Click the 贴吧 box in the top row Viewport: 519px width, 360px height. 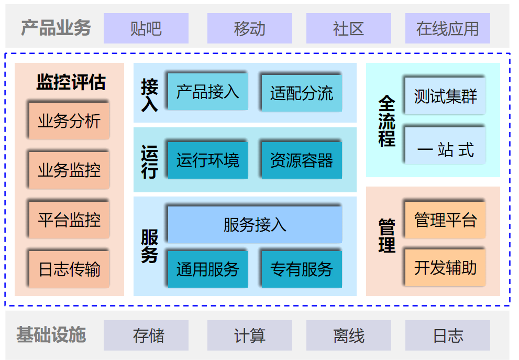tap(146, 28)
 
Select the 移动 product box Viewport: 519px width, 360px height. tap(250, 28)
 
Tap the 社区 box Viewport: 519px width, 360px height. tap(348, 28)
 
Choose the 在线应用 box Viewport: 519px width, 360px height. tap(447, 28)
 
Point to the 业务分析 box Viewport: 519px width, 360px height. tap(69, 121)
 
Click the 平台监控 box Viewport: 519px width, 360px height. tap(69, 220)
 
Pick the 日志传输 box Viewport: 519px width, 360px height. tap(69, 269)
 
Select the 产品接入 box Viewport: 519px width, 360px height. tap(207, 92)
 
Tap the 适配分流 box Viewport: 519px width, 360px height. tap(302, 93)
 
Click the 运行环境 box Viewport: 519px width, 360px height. tap(207, 160)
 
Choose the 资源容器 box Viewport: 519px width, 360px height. tap(302, 160)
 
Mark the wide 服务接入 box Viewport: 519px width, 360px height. tap(255, 225)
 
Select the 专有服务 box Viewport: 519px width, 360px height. tap(302, 269)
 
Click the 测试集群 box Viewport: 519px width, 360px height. tap(445, 96)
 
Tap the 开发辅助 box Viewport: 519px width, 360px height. tap(445, 268)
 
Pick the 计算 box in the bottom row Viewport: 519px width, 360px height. tap(250, 335)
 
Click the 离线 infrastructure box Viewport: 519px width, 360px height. tap(348, 335)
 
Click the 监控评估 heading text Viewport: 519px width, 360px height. tap(71, 82)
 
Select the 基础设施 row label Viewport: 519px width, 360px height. tap(51, 335)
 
